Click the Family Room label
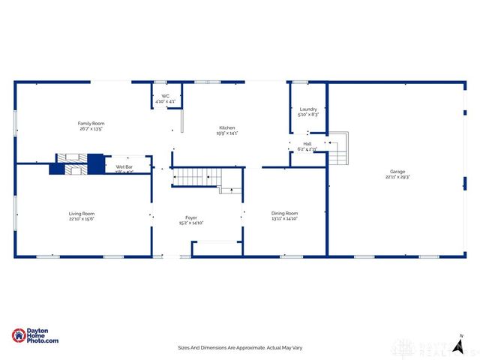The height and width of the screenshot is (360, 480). click(91, 123)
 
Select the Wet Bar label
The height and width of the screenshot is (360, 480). click(124, 166)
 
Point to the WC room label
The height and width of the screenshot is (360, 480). click(166, 96)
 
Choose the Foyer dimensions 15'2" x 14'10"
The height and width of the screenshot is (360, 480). click(191, 223)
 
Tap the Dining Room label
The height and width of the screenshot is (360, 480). click(284, 213)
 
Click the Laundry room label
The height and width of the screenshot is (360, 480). click(308, 109)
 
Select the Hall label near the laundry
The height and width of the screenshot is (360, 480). click(307, 143)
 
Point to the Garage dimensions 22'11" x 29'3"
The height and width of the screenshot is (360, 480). click(397, 177)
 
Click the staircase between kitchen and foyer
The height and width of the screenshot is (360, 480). click(196, 177)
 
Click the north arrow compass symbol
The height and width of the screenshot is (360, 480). click(462, 342)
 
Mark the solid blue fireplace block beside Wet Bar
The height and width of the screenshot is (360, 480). click(96, 163)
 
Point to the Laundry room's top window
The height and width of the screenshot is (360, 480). click(300, 82)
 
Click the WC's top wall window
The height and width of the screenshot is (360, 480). click(160, 82)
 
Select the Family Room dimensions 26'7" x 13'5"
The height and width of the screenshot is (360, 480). click(91, 129)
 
